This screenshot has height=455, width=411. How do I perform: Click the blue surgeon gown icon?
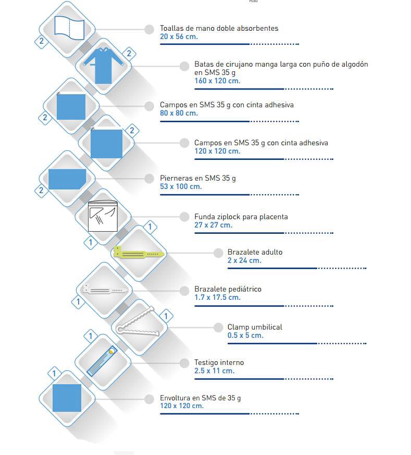tap(103, 66)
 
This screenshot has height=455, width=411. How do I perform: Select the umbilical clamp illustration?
tap(138, 322)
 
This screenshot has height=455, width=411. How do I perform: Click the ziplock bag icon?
tap(103, 216)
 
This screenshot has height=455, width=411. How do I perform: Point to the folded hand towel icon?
tap(69, 28)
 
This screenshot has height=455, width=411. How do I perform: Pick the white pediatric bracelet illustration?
tap(104, 289)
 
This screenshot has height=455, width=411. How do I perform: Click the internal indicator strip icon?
tap(102, 361)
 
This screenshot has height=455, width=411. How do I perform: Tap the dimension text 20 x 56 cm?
tap(179, 36)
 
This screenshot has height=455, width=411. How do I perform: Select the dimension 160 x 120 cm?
tap(217, 81)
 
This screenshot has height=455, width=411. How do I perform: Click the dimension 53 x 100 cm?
tap(181, 186)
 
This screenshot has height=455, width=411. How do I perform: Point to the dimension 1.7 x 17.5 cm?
tap(217, 297)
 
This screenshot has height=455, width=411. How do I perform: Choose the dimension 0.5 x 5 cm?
tap(245, 335)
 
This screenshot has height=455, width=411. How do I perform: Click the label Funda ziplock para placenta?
tap(241, 217)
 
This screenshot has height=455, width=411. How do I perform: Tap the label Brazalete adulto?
tap(255, 252)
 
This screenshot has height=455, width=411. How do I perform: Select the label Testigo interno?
tap(219, 362)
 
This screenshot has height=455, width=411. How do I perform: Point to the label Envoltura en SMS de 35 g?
tap(200, 398)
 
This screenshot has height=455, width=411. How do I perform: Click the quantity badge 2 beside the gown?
tap(129, 54)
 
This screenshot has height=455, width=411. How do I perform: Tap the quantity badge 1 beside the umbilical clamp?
tap(166, 316)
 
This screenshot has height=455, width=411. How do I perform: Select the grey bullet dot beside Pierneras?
tap(149, 179)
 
